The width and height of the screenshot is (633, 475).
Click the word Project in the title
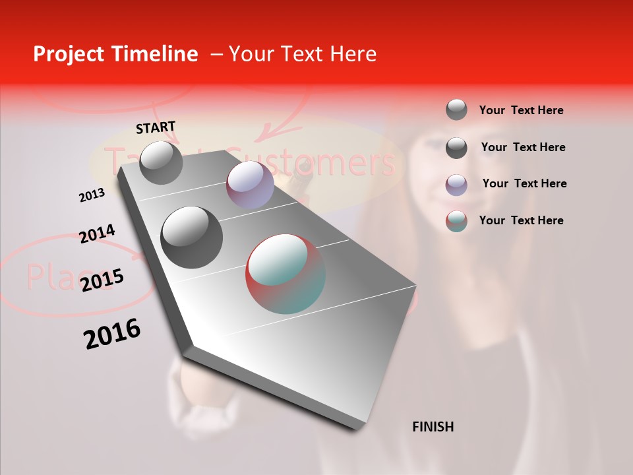68,54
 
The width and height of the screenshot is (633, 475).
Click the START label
156,127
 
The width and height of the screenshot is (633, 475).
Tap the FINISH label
433,427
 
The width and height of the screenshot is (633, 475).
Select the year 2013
92,195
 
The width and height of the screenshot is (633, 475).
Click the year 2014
97,234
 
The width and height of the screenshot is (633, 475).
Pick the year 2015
102,280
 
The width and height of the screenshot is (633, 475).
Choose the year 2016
112,334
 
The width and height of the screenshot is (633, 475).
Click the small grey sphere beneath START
161,162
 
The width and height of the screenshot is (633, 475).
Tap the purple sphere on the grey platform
250,185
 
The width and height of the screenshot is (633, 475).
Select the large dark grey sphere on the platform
191,237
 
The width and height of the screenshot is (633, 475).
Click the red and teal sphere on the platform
286,274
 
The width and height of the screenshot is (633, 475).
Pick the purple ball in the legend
456,185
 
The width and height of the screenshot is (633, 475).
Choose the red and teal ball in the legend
456,221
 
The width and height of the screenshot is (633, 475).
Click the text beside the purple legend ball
524,183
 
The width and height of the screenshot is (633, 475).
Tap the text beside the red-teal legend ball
521,220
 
